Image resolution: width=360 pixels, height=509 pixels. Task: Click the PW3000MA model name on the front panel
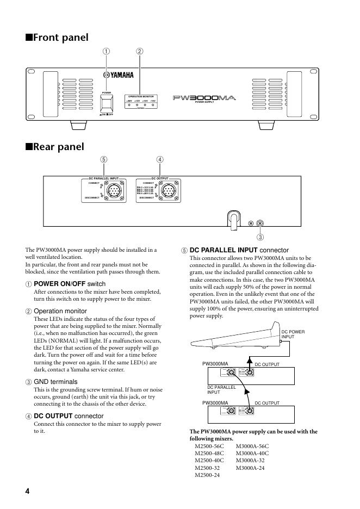(203, 98)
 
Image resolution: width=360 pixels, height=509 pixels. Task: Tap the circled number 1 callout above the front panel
(107, 52)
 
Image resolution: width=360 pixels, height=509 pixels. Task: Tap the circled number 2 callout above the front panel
(140, 52)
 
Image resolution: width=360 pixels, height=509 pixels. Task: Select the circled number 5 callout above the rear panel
(103, 160)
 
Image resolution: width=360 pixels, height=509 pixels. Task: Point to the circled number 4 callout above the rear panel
(159, 160)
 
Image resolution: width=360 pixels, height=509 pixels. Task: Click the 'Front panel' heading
(57, 38)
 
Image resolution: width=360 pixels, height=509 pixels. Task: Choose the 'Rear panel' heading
(54, 146)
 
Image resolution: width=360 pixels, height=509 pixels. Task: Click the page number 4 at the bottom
(27, 491)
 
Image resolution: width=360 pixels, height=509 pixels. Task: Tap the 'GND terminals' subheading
(55, 382)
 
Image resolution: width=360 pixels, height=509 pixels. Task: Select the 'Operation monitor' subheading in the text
(60, 311)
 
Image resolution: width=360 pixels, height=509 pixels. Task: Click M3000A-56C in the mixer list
(252, 446)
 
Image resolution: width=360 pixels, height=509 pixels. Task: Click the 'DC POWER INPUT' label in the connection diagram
(293, 334)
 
